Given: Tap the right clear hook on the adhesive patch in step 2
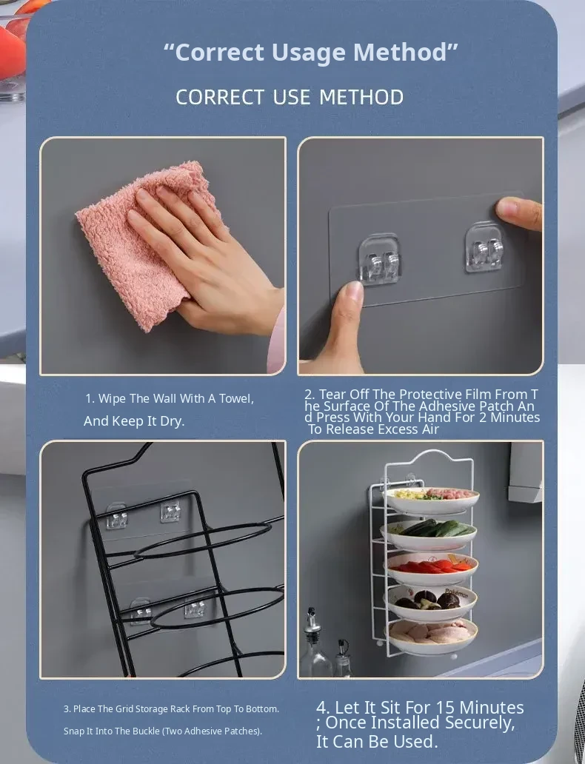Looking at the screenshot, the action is (x=484, y=247).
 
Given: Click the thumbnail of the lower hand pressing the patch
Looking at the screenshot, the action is (x=354, y=292).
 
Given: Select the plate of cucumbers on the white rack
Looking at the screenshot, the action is (x=429, y=535).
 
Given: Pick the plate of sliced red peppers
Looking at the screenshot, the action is (x=432, y=569).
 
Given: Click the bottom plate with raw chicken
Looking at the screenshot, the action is (x=432, y=637).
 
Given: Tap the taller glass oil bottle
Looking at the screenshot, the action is (x=314, y=643).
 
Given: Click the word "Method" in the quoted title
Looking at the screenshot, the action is (x=406, y=52).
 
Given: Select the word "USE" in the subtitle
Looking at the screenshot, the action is (x=292, y=97).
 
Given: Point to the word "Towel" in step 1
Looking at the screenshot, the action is (x=236, y=398).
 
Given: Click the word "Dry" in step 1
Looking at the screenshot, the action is (x=173, y=421).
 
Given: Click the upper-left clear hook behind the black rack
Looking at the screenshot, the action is (x=117, y=517).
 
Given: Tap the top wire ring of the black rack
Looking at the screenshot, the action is (x=202, y=541).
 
